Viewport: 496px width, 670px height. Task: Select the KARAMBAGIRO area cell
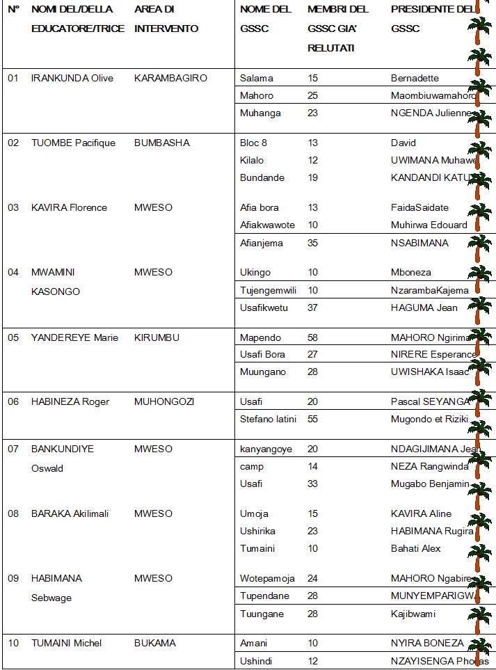(x=170, y=78)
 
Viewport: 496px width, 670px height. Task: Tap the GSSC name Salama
(x=257, y=78)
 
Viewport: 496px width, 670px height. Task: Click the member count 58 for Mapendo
(x=313, y=337)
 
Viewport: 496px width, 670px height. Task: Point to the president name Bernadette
(x=415, y=78)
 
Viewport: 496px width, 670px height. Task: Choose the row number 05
(x=13, y=337)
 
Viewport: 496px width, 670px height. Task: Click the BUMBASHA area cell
(x=161, y=143)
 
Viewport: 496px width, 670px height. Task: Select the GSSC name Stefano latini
(x=269, y=418)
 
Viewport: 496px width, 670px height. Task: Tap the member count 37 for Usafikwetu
(x=313, y=307)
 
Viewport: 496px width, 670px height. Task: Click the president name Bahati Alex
(x=416, y=548)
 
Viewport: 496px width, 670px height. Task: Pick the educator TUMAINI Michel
(x=67, y=643)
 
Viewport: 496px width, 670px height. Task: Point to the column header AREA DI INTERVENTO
(x=166, y=19)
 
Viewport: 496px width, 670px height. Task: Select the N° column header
(x=13, y=10)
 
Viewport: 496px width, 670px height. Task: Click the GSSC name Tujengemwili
(x=268, y=289)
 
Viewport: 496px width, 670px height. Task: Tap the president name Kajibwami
(x=413, y=614)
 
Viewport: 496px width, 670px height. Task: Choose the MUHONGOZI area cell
(x=164, y=401)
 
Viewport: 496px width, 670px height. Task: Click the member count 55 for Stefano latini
(x=313, y=418)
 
